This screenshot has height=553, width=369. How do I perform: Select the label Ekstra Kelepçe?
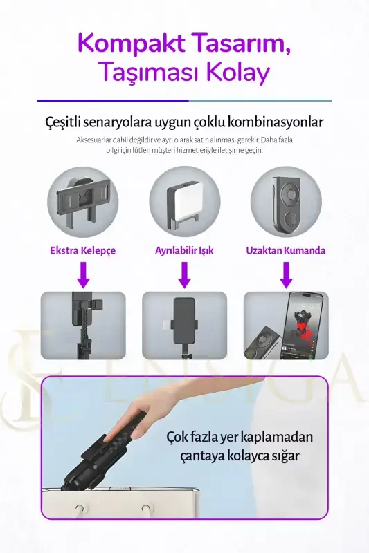[x=82, y=250]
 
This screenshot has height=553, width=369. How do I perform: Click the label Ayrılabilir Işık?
[x=184, y=250]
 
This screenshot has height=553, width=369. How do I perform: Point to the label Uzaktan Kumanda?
[x=285, y=250]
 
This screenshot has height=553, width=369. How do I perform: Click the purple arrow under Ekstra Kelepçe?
[x=82, y=274]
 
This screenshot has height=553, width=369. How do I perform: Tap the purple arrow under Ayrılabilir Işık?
[x=184, y=274]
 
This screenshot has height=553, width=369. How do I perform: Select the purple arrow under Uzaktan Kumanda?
[x=285, y=274]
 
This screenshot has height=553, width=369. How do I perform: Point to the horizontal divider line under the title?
[x=184, y=101]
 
